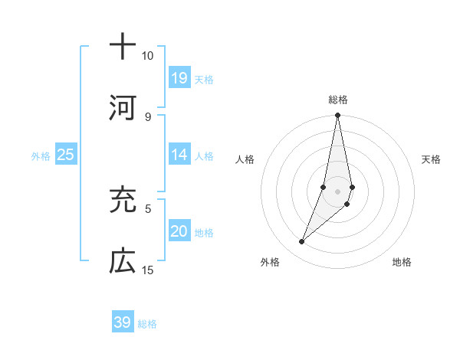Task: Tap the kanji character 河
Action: click(123, 106)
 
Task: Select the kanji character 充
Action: click(123, 200)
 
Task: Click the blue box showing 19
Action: click(179, 78)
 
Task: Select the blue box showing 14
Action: click(179, 155)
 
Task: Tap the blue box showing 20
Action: click(179, 231)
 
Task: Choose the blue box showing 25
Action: click(65, 155)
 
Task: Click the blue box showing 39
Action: click(123, 322)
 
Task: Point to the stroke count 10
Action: click(147, 56)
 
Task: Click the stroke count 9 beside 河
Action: click(148, 116)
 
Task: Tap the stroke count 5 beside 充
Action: click(148, 208)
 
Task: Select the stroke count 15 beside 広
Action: click(148, 270)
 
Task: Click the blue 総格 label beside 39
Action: click(147, 324)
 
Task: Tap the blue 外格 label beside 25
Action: click(41, 156)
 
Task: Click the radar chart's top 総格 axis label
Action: click(338, 100)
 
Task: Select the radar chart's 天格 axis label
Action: click(431, 159)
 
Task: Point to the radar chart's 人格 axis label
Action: click(245, 159)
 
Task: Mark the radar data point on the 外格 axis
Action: click(302, 242)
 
